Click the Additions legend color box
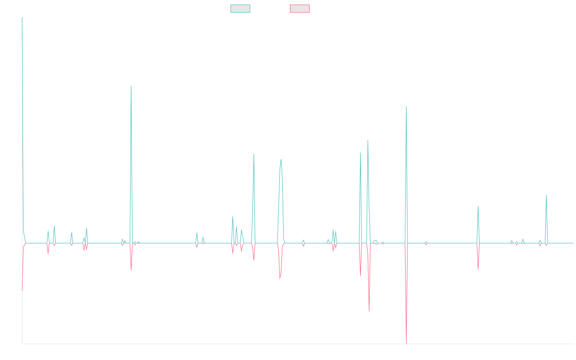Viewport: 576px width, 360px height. pos(240,9)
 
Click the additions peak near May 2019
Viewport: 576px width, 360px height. pos(131,86)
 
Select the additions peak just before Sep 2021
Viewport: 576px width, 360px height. pos(281,159)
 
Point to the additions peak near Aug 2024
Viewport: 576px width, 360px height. pos(478,207)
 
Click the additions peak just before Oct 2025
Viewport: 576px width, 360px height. pos(546,195)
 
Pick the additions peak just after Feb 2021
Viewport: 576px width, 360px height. pos(254,154)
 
